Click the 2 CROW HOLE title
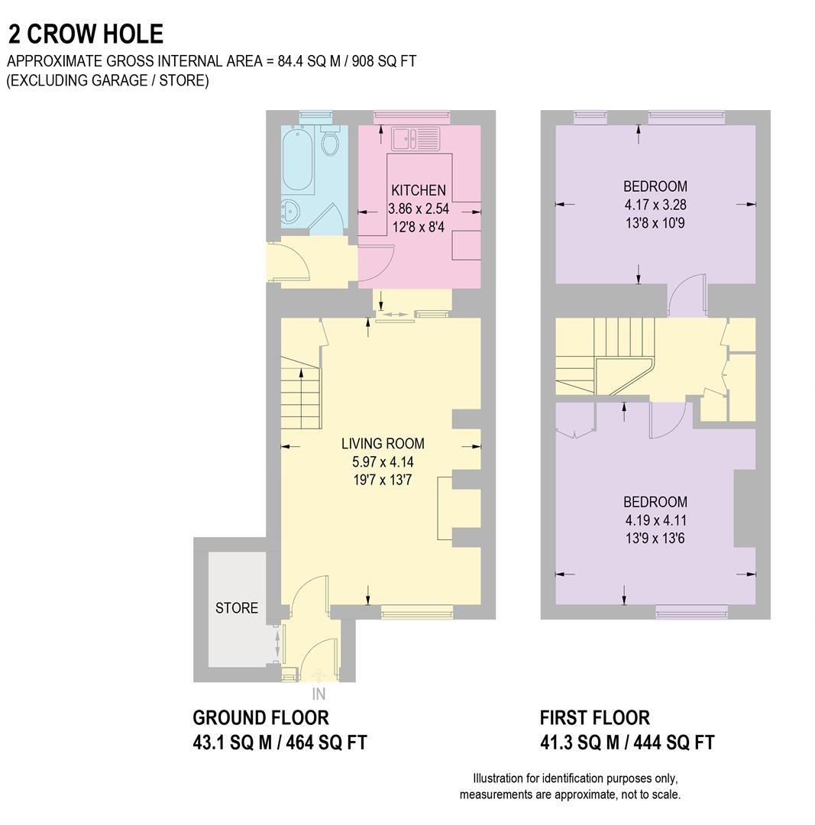click(x=86, y=34)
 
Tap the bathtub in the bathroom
click(x=296, y=162)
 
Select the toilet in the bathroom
click(x=331, y=143)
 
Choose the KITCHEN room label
click(x=418, y=190)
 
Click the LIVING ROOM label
click(x=383, y=444)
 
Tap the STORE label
click(x=237, y=608)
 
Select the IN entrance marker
click(x=319, y=694)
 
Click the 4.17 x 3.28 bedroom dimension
click(x=655, y=205)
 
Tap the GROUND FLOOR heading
click(x=260, y=718)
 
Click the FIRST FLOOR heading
click(x=594, y=718)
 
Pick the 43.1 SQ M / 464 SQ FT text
click(x=280, y=742)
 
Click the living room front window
click(x=417, y=611)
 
